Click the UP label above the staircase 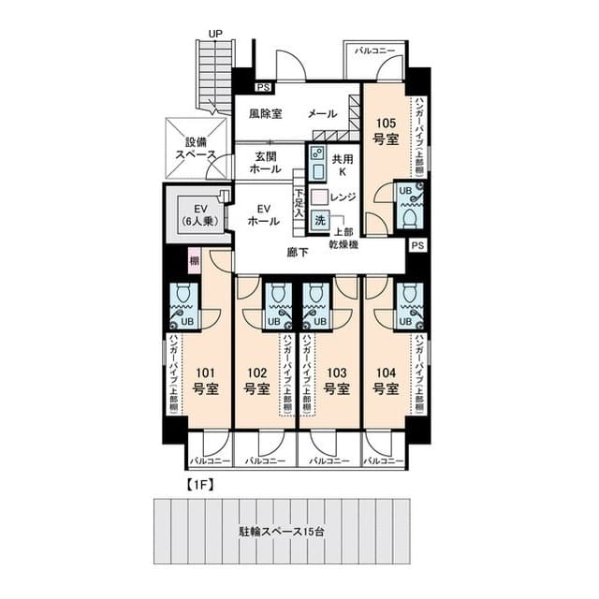[215, 33]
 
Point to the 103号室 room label [338, 379]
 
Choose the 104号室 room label [386, 379]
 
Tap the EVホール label [262, 215]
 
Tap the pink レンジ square [318, 197]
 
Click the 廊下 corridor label [298, 252]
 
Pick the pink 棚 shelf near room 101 [194, 259]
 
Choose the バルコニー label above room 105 [374, 50]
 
